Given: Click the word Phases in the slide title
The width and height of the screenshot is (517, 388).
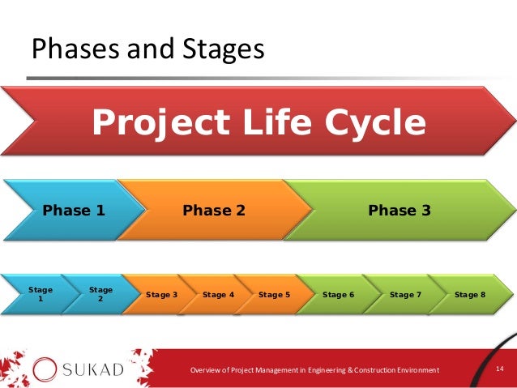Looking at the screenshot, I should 70,49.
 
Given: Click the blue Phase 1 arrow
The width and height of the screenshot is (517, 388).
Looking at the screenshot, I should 73,211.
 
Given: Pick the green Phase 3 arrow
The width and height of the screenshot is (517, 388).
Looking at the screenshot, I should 399,211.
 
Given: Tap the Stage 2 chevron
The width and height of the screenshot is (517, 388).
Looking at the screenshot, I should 100,294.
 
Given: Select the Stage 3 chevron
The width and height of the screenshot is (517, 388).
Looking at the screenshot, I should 161,295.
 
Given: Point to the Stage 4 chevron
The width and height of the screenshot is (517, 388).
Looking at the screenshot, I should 218,295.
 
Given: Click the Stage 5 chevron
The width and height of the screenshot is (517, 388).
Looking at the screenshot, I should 274,295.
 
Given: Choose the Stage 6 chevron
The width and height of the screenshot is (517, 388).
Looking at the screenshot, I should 338,295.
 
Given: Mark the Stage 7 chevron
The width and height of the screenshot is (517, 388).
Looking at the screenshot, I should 405,295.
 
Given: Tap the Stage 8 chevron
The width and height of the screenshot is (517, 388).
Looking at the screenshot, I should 470,295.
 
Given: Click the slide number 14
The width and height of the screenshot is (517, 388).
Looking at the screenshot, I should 500,369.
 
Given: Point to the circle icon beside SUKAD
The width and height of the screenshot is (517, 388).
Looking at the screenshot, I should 45,369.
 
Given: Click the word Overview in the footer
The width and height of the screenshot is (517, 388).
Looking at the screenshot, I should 206,370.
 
